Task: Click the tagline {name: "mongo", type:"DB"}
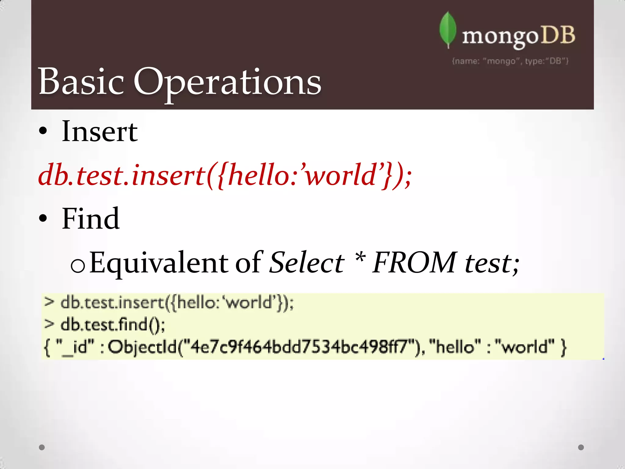pyautogui.click(x=510, y=61)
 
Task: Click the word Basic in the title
pyautogui.click(x=81, y=82)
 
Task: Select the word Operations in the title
pyautogui.click(x=227, y=82)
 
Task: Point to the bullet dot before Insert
pyautogui.click(x=43, y=131)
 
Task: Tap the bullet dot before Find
pyautogui.click(x=43, y=218)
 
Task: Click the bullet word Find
pyautogui.click(x=91, y=218)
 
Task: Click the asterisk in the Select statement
pyautogui.click(x=360, y=258)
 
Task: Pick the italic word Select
pyautogui.click(x=307, y=263)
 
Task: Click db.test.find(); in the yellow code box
pyautogui.click(x=112, y=325)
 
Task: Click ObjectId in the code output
pyautogui.click(x=142, y=347)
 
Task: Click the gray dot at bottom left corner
pyautogui.click(x=42, y=447)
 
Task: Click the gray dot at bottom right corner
pyautogui.click(x=581, y=447)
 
